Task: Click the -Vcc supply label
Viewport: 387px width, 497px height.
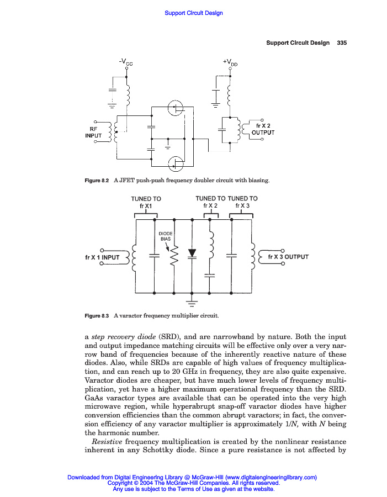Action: [126, 61]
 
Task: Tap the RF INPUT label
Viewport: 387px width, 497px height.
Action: [93, 132]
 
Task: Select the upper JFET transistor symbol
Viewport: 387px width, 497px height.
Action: [176, 108]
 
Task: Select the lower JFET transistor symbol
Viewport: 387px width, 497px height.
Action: [176, 162]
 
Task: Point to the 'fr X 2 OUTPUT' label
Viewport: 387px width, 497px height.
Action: [263, 129]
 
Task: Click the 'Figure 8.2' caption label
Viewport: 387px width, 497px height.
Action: [97, 181]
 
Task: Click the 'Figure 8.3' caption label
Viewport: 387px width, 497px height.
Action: [97, 316]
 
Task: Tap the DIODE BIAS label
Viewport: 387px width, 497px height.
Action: [166, 236]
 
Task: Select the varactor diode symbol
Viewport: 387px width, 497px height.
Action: [192, 253]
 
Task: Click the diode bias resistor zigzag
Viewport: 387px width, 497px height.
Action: [174, 256]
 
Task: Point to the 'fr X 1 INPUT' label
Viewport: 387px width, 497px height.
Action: [102, 257]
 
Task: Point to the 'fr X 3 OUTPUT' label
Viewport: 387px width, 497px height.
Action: [288, 257]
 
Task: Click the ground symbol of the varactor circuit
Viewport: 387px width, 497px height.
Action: [192, 302]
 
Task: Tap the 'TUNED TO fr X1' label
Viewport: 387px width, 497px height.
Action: [146, 202]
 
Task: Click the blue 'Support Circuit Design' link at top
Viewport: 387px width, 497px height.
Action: [194, 13]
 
